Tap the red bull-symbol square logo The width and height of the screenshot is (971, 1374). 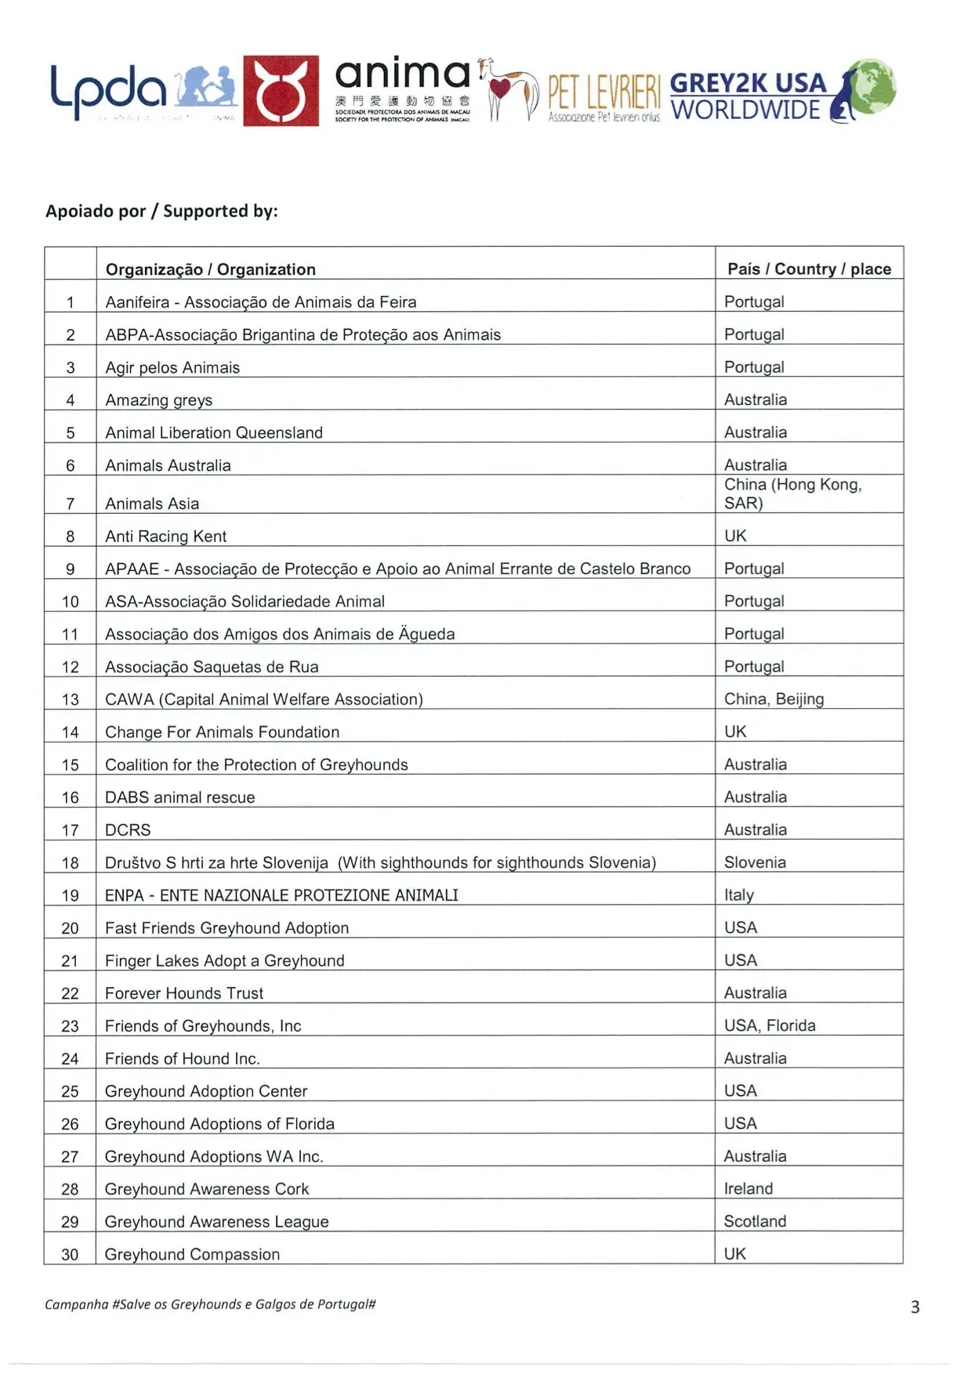281,91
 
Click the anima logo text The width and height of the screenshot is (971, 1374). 402,76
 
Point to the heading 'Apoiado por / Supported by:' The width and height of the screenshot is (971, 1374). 161,212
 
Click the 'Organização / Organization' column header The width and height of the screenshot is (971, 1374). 210,269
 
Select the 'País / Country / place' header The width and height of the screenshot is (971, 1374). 809,269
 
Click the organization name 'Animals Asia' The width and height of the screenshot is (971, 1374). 152,504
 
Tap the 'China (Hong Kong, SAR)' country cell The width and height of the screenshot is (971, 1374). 792,494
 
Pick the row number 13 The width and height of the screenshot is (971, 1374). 71,700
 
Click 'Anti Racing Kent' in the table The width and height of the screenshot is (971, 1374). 165,537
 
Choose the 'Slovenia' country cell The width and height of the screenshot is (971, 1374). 755,862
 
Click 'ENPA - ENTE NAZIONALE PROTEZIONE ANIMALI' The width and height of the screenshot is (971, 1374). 281,895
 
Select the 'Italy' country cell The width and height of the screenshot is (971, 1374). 739,895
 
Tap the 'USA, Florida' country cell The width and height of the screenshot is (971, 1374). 770,1025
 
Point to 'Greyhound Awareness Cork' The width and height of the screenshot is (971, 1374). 207,1189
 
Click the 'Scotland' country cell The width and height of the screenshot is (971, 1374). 755,1221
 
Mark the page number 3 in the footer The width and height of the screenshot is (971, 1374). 915,1307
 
